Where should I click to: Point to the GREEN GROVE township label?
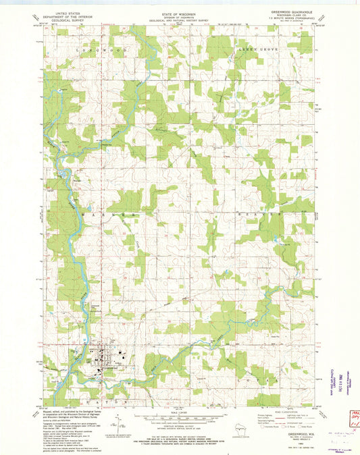[x=255, y=49]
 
